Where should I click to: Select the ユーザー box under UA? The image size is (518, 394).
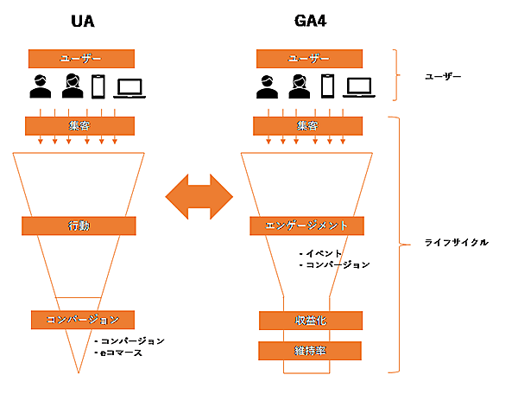pos(81,59)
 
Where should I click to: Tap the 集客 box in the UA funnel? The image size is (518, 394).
pos(81,126)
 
